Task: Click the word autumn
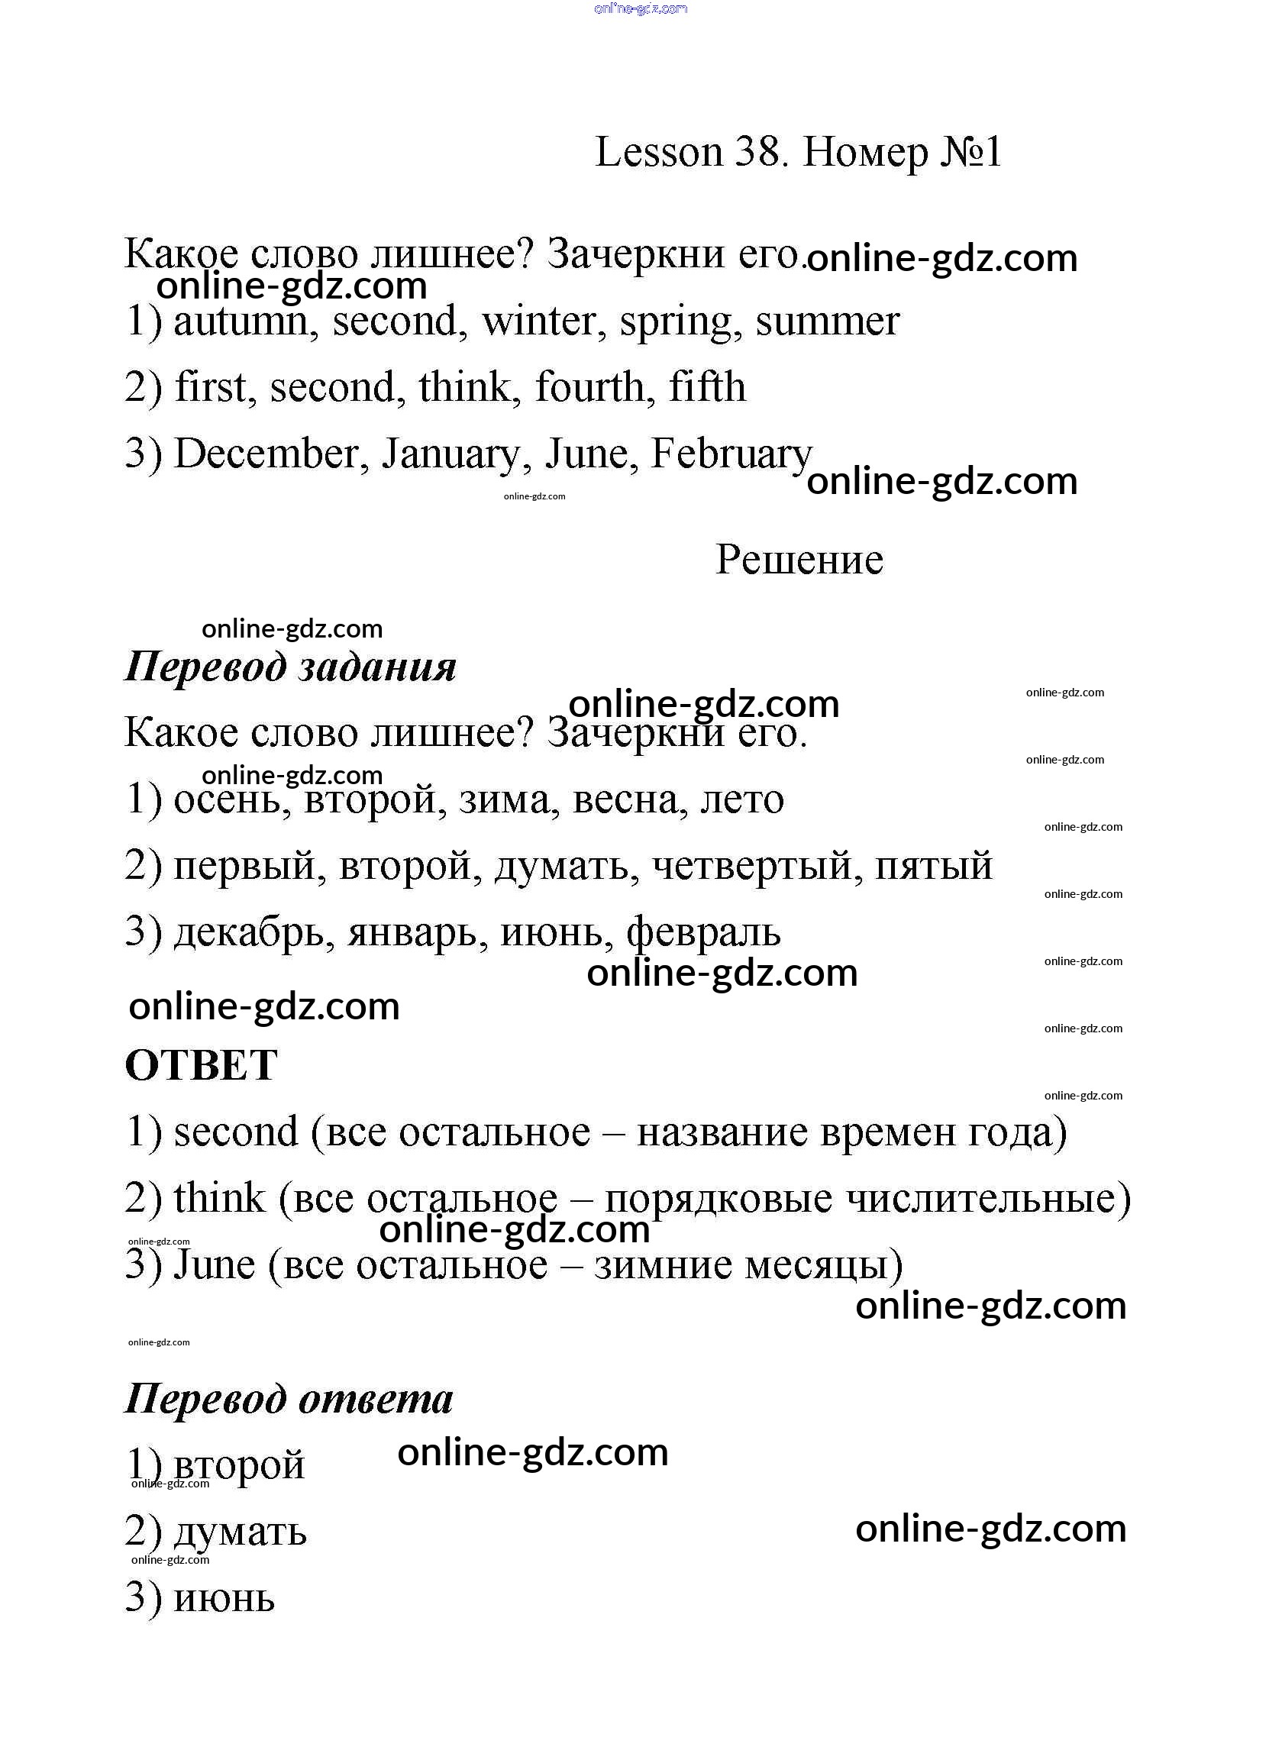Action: click(x=241, y=321)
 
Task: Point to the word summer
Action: click(x=827, y=321)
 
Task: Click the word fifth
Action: click(x=707, y=387)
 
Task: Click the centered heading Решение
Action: click(x=799, y=560)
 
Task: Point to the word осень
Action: click(x=228, y=799)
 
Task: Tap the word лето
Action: click(x=742, y=799)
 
